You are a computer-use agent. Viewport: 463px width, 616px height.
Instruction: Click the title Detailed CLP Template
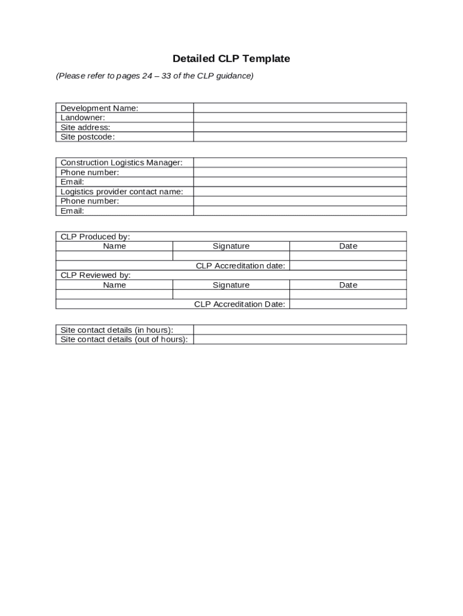click(231, 58)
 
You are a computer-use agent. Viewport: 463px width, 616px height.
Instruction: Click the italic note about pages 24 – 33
click(155, 76)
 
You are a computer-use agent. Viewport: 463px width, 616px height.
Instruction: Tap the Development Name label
click(99, 108)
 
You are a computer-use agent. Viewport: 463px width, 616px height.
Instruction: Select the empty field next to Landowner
click(299, 118)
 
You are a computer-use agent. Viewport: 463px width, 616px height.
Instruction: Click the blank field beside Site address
click(299, 128)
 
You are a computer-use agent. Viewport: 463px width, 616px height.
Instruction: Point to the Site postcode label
click(88, 137)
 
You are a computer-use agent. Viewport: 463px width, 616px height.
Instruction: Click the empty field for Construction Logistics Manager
click(299, 162)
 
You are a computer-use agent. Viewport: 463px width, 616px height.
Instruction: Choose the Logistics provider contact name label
click(122, 192)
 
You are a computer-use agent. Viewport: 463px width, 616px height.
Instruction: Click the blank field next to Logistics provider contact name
click(299, 192)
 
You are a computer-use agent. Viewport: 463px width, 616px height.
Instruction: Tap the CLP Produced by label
click(95, 236)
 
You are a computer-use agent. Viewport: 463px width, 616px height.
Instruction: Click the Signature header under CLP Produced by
click(231, 246)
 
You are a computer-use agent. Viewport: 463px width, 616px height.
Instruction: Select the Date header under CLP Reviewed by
click(348, 285)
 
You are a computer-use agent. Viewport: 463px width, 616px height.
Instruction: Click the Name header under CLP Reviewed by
click(114, 285)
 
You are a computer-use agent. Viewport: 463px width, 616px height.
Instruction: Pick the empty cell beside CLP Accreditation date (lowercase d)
click(348, 266)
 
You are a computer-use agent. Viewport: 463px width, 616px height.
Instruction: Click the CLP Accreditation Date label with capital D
click(239, 304)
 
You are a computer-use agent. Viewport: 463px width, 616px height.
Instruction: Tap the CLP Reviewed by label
click(96, 276)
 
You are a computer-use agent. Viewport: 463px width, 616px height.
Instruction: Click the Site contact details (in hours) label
click(117, 330)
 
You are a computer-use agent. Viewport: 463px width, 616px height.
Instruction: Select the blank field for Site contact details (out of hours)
click(299, 339)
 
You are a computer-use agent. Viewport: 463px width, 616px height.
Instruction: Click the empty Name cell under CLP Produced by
click(114, 256)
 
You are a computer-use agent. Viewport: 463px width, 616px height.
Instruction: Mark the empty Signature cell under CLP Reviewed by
click(231, 295)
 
